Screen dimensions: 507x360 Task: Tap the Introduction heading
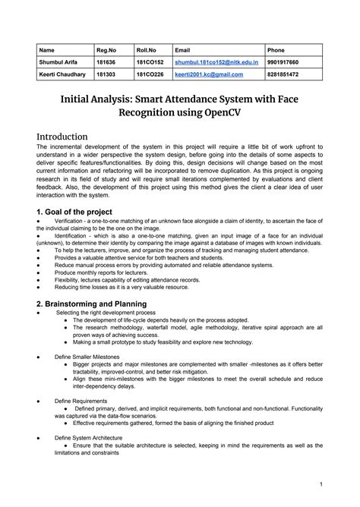pos(72,137)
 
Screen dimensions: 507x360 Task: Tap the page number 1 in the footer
pos(321,483)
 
